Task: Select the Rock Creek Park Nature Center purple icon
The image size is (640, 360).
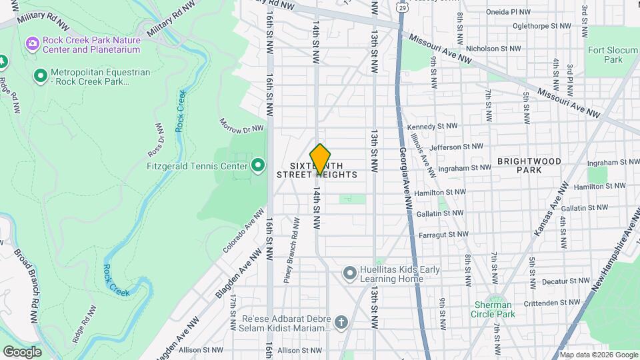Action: (x=32, y=45)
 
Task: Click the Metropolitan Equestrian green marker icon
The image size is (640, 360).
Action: (x=40, y=77)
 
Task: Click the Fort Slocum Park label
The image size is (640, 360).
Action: (x=605, y=54)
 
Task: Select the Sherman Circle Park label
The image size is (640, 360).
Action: (x=494, y=309)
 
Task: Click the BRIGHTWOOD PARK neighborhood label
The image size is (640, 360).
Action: (x=529, y=165)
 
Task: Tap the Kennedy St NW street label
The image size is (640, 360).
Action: (x=432, y=126)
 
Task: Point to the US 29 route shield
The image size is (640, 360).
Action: (x=401, y=7)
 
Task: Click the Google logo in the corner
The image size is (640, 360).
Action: (x=22, y=351)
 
